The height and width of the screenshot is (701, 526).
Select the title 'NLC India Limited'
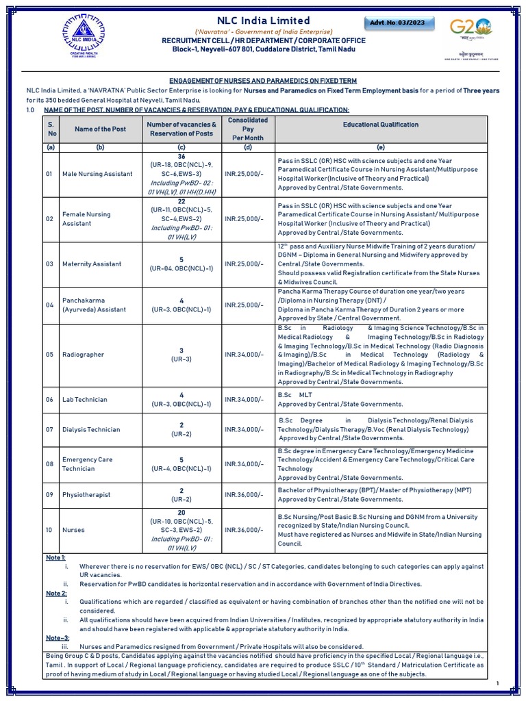point(264,21)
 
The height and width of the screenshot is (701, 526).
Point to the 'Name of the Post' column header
point(100,129)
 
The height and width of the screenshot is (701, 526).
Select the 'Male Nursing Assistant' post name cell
point(97,174)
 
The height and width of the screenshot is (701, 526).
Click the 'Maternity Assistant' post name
point(91,264)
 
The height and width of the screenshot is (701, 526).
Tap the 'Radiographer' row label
point(82,355)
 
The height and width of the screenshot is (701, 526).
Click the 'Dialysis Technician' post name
point(90,429)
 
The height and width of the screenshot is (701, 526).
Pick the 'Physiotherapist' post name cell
point(86,494)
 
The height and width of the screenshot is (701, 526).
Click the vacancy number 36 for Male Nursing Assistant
point(181,156)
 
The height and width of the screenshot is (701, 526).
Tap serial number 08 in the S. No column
point(50,463)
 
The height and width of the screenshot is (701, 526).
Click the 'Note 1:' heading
point(55,558)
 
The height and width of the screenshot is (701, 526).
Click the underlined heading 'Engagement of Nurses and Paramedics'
point(263,81)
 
